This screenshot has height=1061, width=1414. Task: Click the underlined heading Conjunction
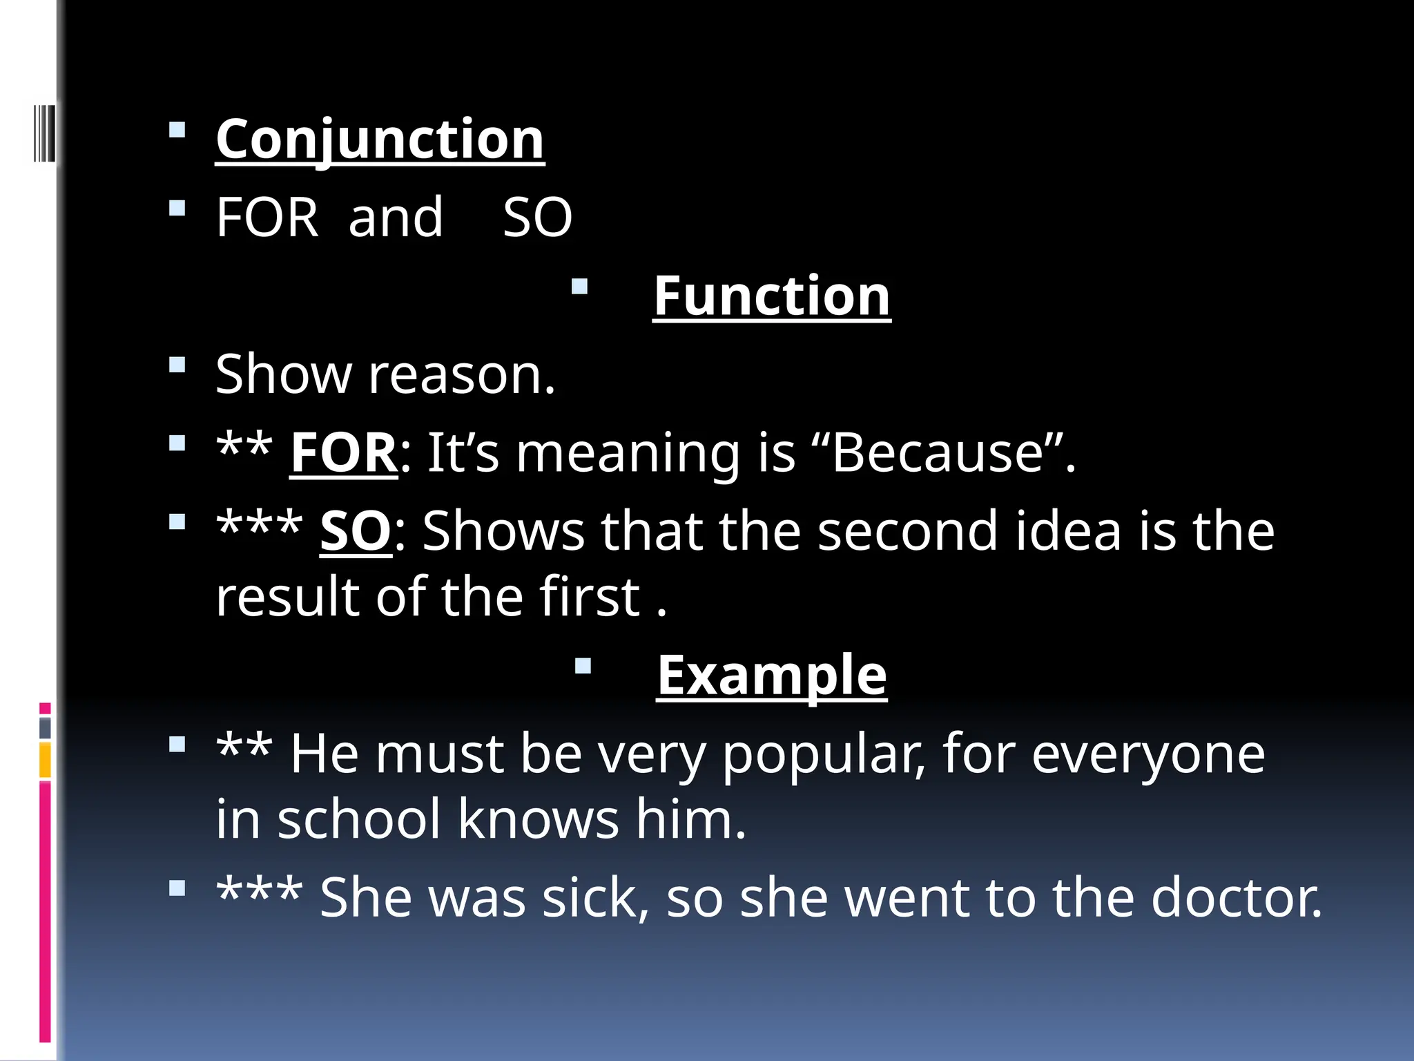click(x=380, y=140)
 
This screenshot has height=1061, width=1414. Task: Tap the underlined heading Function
click(x=771, y=296)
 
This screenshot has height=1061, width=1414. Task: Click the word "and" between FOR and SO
click(x=395, y=217)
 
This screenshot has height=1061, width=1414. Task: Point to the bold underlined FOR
click(x=343, y=453)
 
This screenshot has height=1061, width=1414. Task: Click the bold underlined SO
click(x=356, y=531)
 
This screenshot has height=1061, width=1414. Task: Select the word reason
click(x=461, y=374)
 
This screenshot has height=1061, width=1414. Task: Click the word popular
click(x=823, y=754)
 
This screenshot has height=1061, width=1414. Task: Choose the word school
click(x=358, y=820)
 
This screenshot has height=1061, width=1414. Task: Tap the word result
click(x=287, y=597)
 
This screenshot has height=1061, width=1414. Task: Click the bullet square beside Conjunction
click(x=177, y=131)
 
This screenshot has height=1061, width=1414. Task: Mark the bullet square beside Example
click(x=583, y=666)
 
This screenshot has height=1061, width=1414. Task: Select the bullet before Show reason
click(x=177, y=365)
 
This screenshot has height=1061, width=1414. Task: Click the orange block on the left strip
click(x=45, y=760)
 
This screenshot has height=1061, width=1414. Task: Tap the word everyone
click(x=1148, y=754)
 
